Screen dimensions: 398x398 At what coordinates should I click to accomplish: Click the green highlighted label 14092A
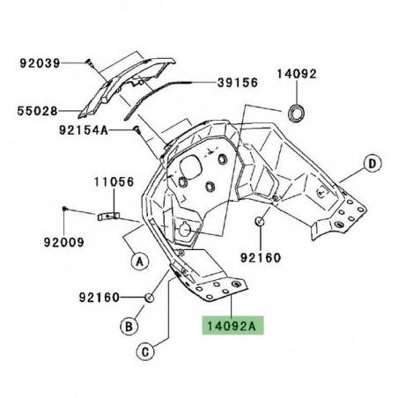pyautogui.click(x=230, y=323)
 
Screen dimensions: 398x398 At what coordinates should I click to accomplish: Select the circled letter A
pyautogui.click(x=138, y=260)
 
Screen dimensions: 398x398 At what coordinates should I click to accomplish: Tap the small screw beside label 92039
pyautogui.click(x=90, y=61)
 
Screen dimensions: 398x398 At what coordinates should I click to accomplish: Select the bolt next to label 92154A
pyautogui.click(x=137, y=129)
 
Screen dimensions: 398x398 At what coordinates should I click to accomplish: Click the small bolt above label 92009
pyautogui.click(x=65, y=208)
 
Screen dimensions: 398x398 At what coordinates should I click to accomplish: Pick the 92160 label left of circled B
pyautogui.click(x=97, y=298)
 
